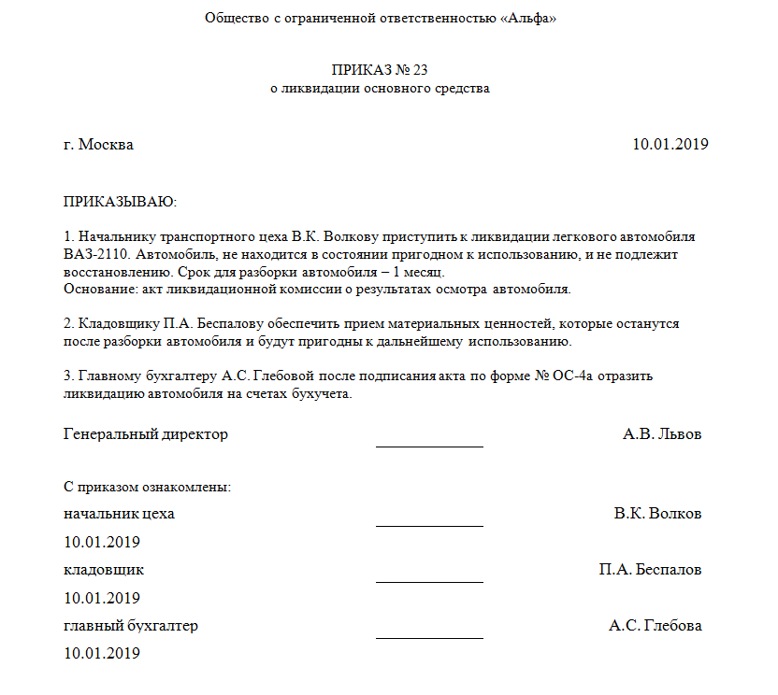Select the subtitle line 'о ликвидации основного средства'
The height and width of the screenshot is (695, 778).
pos(380,89)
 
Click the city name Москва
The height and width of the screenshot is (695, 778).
pos(106,145)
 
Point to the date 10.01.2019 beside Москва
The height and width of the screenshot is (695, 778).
pos(670,145)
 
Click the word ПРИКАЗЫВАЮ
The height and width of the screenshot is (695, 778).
pos(120,202)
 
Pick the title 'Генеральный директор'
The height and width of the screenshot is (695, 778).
pos(146,434)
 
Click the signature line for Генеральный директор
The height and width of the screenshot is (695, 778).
pos(429,445)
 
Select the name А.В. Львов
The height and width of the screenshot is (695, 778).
pos(662,434)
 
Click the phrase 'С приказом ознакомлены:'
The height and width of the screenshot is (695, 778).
pos(148,487)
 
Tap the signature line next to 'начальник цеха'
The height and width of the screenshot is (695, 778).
pos(429,524)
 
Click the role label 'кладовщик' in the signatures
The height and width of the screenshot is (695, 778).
pos(104,570)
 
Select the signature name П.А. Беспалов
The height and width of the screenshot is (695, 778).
pos(651,570)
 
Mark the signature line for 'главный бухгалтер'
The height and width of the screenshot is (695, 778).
pos(429,636)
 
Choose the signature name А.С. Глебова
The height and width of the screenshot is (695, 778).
pos(656,626)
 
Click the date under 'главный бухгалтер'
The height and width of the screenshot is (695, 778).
pos(102,654)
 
